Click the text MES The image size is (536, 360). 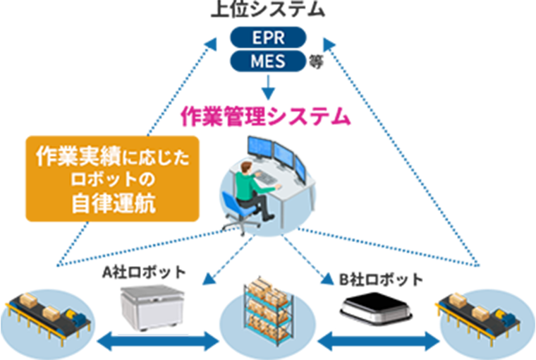268,61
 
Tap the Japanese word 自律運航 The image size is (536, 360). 113,205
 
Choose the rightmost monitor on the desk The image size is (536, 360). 300,167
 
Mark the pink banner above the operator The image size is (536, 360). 268,113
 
